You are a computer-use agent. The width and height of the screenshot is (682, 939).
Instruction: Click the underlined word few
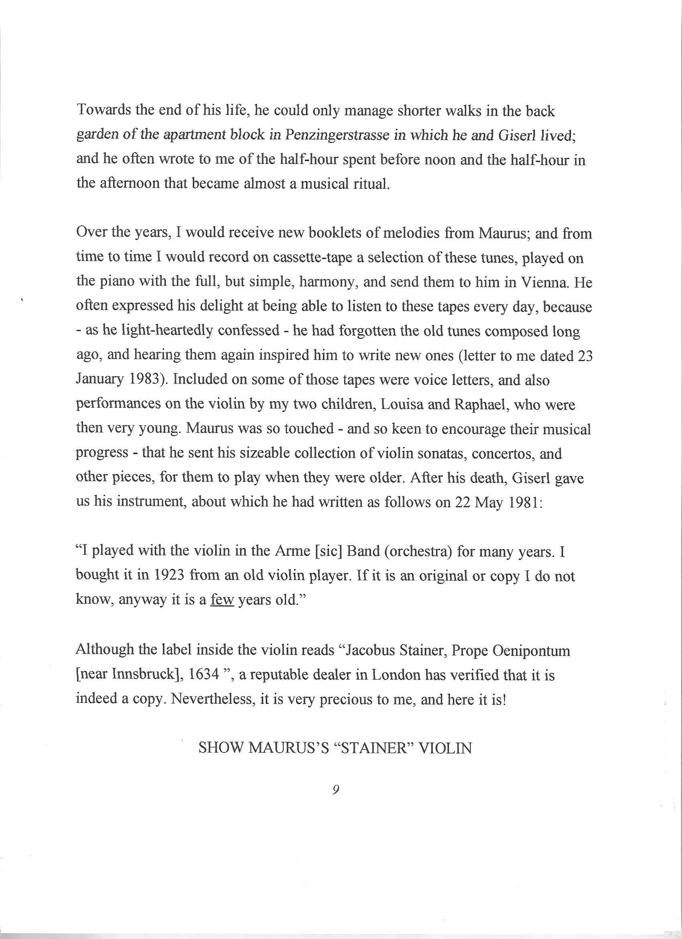click(223, 600)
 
